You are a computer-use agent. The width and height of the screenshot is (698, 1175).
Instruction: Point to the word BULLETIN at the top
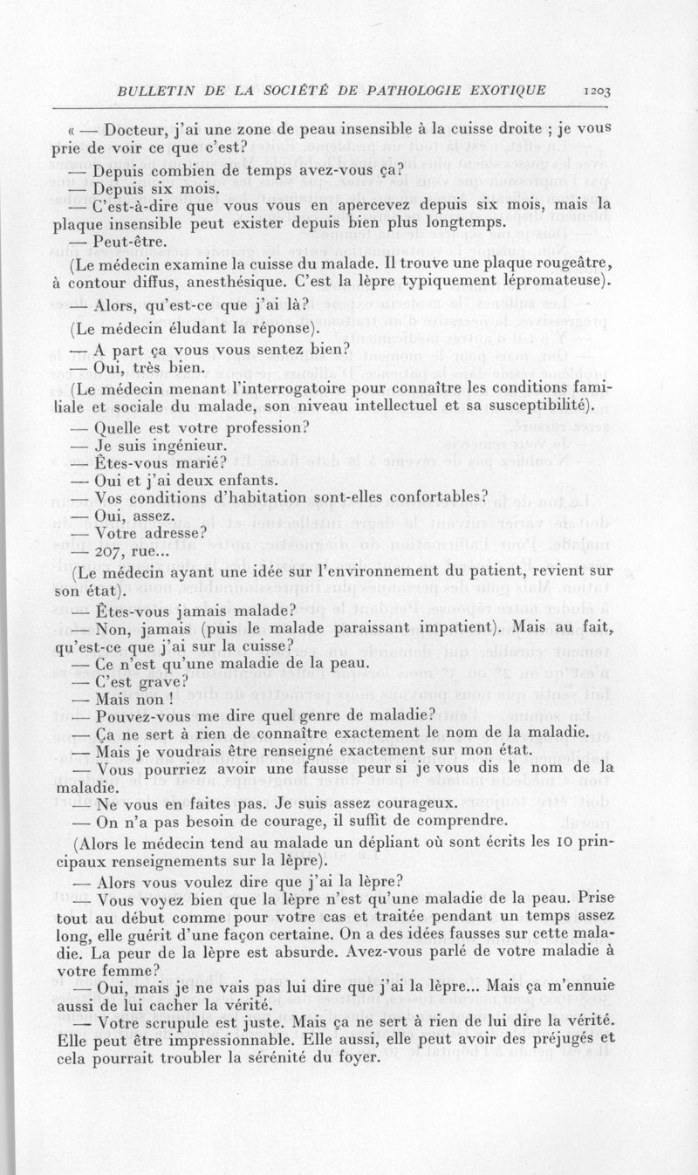[x=142, y=89]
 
